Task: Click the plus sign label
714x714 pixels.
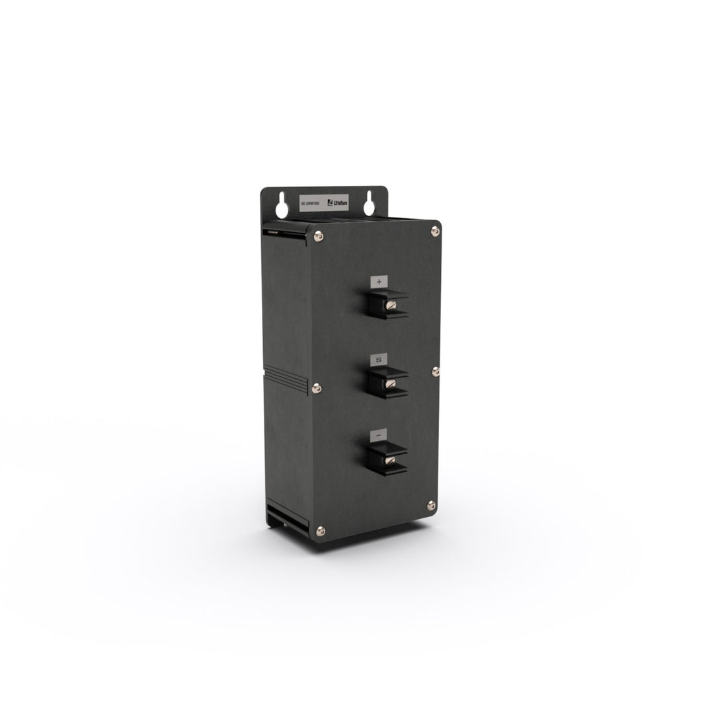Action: tap(379, 282)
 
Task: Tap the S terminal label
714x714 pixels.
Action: tap(379, 360)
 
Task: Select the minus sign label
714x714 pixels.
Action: tap(379, 436)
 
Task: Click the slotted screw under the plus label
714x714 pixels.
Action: tap(391, 305)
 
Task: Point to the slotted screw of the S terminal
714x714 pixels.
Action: tap(391, 383)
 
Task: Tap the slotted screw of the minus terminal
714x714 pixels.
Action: tap(391, 459)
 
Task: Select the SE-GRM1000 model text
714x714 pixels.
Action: tap(310, 205)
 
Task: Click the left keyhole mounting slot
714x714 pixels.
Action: tap(282, 205)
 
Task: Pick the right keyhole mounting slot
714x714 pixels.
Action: tap(369, 204)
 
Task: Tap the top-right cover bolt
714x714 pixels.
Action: tap(434, 230)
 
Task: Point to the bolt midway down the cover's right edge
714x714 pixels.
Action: tap(435, 372)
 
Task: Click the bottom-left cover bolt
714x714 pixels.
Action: tap(321, 530)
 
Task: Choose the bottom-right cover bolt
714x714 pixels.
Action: tap(431, 505)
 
